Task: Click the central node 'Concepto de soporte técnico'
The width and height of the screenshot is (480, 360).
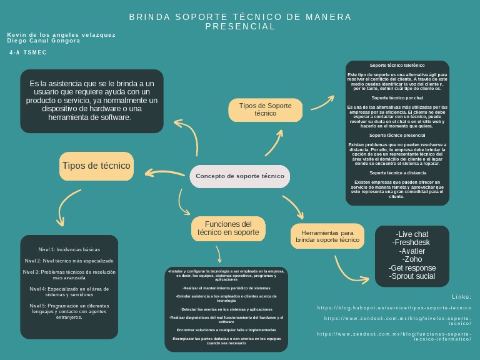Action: (x=240, y=176)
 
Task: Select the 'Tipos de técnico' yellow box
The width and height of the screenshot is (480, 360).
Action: (x=96, y=166)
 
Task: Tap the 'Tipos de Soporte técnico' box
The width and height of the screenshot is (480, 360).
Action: (x=265, y=110)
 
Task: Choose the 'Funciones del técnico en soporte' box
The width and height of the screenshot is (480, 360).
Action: (x=228, y=229)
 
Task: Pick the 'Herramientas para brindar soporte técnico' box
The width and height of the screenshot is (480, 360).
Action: (x=327, y=236)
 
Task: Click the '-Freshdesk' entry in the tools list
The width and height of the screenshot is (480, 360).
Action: (x=412, y=242)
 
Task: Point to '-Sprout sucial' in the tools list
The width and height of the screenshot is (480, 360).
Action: (x=412, y=276)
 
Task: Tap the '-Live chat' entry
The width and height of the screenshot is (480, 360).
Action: (x=412, y=234)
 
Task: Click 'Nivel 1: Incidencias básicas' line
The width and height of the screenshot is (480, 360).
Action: (x=69, y=249)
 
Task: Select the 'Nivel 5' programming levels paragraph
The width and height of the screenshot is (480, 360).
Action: (x=69, y=311)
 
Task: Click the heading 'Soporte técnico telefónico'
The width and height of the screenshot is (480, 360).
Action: (x=397, y=66)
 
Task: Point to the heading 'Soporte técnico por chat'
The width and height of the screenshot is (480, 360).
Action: (x=397, y=98)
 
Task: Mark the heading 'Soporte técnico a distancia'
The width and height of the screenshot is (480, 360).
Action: (x=397, y=173)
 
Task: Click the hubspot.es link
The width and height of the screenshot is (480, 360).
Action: (x=394, y=308)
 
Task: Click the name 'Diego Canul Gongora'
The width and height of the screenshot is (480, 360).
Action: (x=44, y=41)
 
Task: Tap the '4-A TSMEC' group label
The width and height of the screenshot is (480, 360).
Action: (x=28, y=53)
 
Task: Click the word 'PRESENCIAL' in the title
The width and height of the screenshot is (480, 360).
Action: (x=241, y=27)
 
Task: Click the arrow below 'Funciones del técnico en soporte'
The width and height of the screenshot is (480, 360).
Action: (x=218, y=254)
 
